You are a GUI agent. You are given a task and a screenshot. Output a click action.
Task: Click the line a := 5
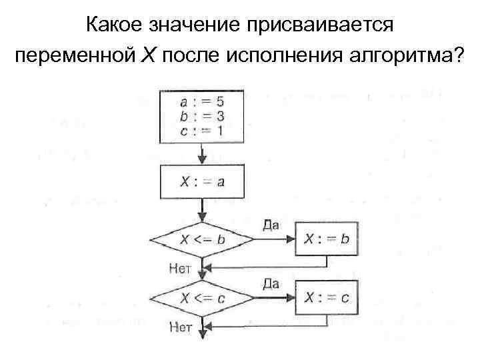coord(201,102)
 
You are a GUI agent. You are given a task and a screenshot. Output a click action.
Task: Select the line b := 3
coord(201,115)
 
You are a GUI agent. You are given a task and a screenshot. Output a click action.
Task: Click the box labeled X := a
coord(201,181)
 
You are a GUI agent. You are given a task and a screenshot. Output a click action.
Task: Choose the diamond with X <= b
coord(201,238)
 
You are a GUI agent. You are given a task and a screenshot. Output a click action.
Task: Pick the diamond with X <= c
coord(201,298)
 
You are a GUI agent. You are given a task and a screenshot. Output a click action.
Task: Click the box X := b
coord(326,238)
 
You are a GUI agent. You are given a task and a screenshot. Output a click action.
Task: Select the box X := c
coord(326,298)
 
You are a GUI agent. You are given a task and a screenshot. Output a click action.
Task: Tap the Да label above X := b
coord(271,224)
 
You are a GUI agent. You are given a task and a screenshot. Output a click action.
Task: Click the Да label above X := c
coord(271,283)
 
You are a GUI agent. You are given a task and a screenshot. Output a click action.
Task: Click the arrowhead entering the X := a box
coord(201,160)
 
